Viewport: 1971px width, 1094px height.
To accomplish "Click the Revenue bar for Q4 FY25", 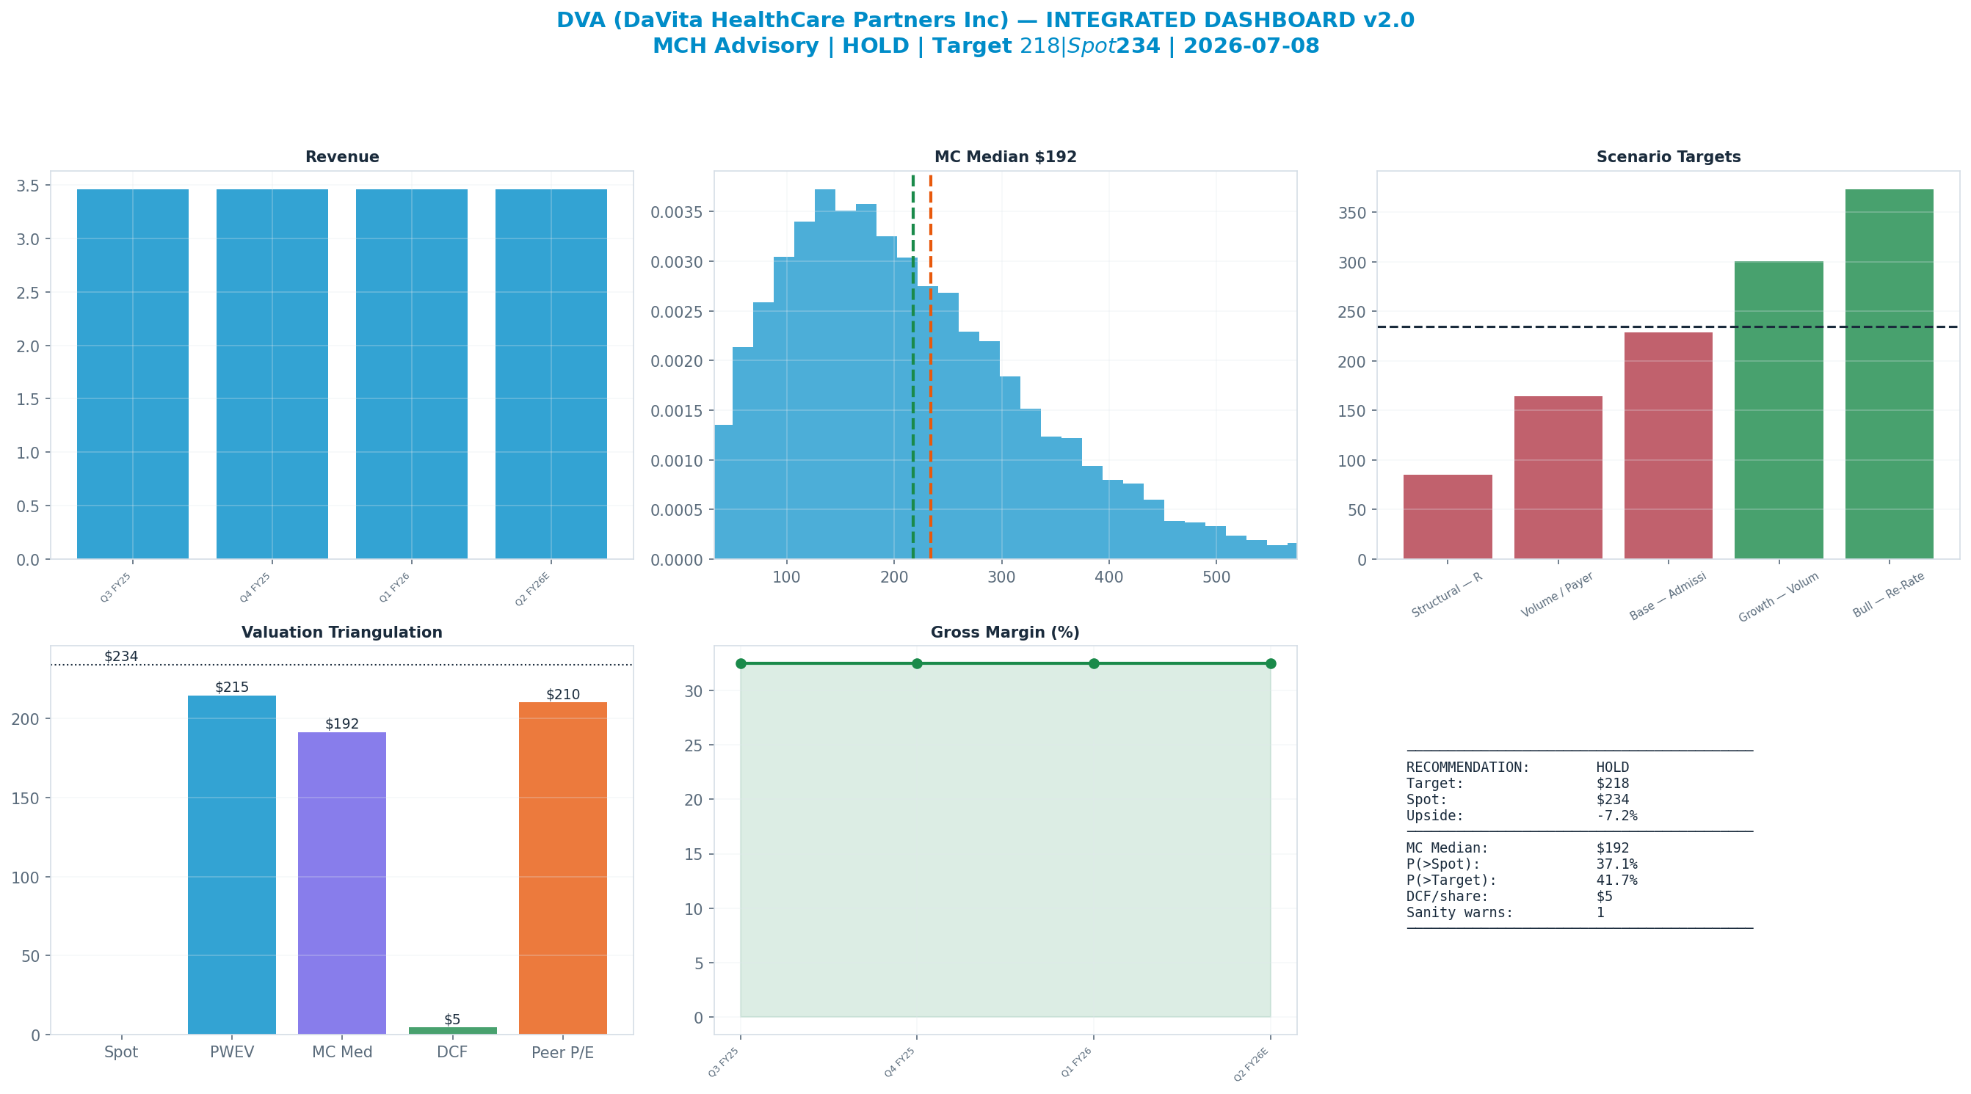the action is point(272,374).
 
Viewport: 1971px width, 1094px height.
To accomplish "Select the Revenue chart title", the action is point(342,157).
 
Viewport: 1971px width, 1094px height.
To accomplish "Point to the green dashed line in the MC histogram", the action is point(912,367).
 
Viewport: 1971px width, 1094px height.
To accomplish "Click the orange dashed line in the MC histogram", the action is point(930,367).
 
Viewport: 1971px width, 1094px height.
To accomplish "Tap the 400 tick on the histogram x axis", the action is point(1108,577).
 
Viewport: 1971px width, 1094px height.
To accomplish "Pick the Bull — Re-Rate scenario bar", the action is point(1889,374).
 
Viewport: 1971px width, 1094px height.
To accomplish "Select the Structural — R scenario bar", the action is point(1448,517).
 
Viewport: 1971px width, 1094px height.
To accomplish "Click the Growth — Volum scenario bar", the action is point(1779,410).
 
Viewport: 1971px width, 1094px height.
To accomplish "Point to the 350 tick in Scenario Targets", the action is point(1352,213).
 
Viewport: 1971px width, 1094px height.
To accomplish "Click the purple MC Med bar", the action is point(342,883).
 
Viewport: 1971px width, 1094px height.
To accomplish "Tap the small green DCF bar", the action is point(453,1030).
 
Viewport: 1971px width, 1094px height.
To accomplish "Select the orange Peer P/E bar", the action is point(563,868).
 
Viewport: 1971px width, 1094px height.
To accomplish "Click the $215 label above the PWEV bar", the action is point(232,687).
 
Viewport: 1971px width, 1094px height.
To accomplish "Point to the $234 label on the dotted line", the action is point(121,657).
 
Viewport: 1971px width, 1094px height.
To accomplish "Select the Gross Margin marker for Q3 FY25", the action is point(741,663).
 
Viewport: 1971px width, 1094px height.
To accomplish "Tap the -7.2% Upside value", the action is point(1616,815).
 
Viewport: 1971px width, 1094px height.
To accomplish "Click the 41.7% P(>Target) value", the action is point(1616,880).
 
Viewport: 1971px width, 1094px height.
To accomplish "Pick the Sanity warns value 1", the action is point(1600,913).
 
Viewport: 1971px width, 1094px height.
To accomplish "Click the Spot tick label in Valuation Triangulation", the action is point(121,1053).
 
